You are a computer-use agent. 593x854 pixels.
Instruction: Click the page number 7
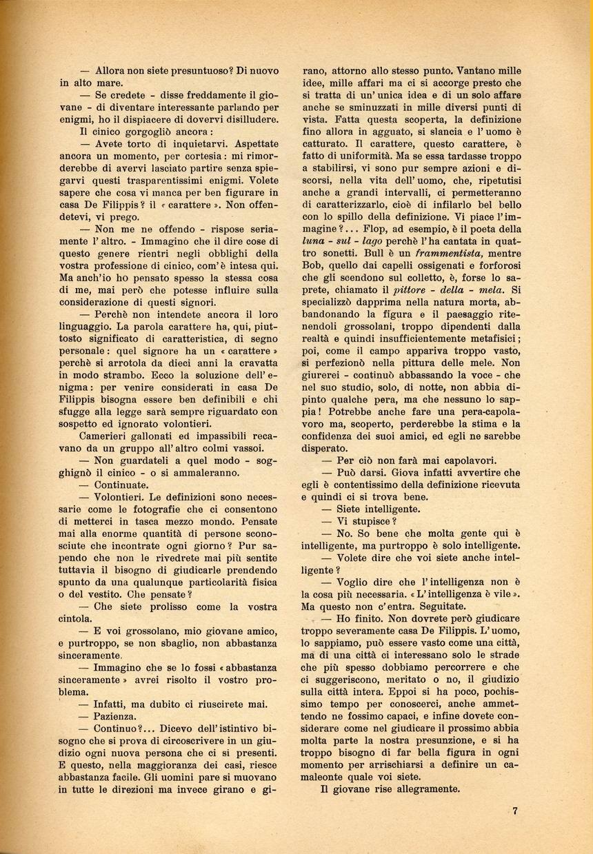515,811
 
